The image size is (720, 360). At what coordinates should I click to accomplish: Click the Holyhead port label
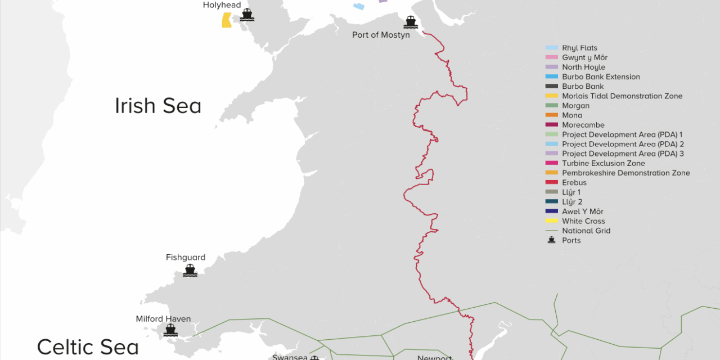[222, 5]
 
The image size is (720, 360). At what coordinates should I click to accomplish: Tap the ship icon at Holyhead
[246, 15]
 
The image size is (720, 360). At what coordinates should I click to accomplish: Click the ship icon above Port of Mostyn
[411, 22]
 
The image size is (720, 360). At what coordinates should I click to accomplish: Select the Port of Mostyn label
[381, 35]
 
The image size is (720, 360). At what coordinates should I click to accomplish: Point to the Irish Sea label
[158, 106]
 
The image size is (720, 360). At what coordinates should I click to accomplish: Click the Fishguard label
[186, 258]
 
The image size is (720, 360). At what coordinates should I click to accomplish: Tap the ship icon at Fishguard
[190, 271]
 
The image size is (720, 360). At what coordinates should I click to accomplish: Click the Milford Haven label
[163, 319]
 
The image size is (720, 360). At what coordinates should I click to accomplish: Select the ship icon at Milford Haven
[170, 330]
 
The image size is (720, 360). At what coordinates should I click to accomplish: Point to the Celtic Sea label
[88, 347]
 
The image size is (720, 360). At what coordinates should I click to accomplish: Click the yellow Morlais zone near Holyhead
[227, 20]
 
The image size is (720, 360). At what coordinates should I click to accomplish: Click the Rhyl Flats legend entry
[579, 48]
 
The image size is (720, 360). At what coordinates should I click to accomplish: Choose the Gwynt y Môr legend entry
[584, 58]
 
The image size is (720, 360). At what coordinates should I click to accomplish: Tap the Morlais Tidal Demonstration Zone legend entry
[622, 96]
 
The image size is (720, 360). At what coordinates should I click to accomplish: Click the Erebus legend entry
[574, 183]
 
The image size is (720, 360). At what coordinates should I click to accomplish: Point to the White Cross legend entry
[583, 221]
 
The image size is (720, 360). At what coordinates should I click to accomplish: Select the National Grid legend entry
[586, 231]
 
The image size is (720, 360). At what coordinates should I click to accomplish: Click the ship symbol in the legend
[551, 240]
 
